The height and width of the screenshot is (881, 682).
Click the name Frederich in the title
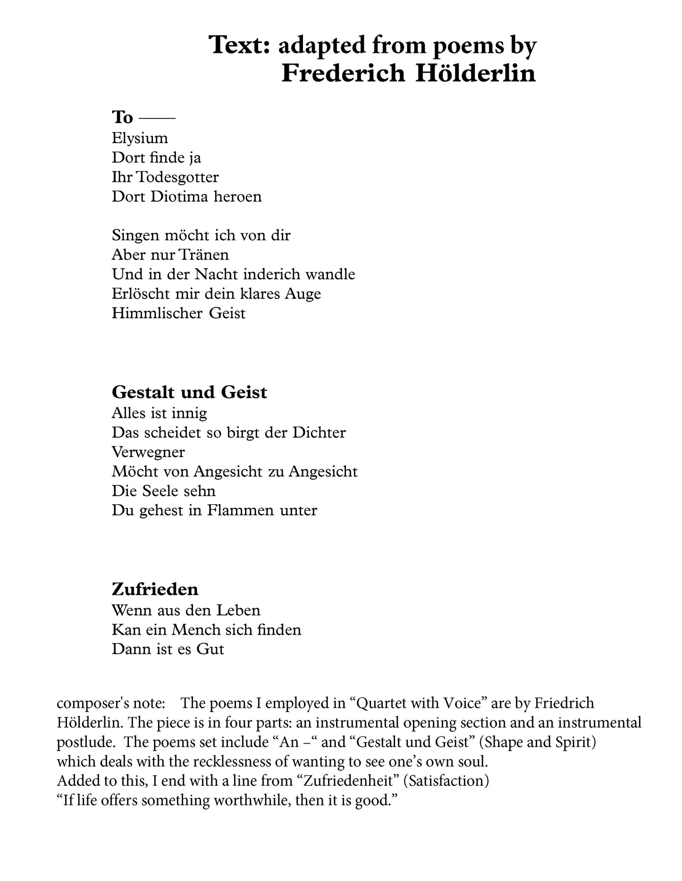(x=343, y=74)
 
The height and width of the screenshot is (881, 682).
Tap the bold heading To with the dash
(x=143, y=117)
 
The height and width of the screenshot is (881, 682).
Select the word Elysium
(x=140, y=138)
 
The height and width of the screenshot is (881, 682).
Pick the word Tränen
(x=205, y=255)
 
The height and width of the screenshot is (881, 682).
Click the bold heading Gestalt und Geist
(x=189, y=392)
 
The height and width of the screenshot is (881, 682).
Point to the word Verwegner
(x=148, y=452)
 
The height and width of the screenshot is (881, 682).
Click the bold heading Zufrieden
(x=155, y=589)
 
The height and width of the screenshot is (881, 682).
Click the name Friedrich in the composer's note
(x=564, y=703)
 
